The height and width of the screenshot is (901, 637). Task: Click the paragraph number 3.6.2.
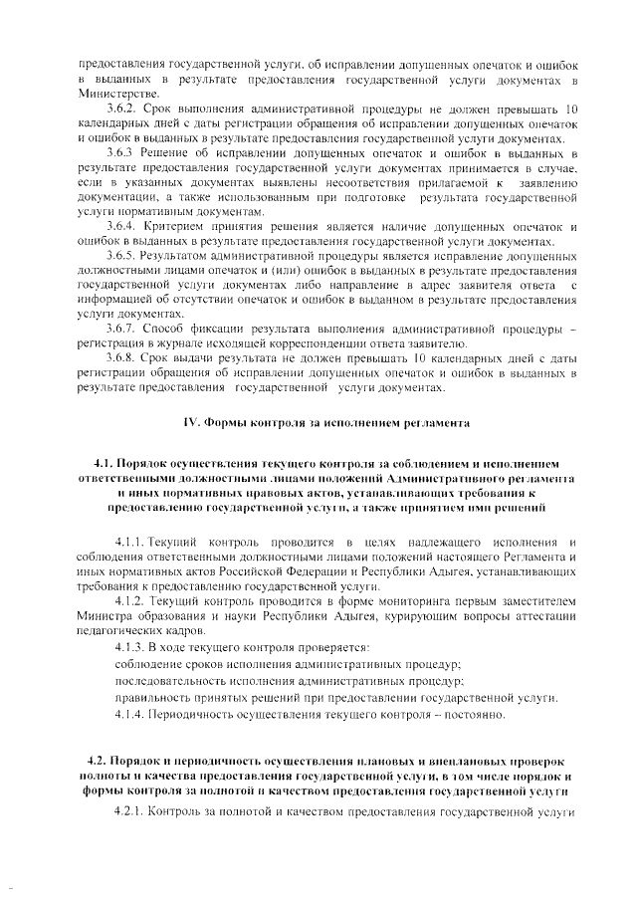pos(121,109)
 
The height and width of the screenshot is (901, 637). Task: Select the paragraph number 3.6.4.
pos(121,227)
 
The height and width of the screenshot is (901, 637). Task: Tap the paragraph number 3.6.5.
pos(121,256)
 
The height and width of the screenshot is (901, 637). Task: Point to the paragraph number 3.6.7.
pos(121,330)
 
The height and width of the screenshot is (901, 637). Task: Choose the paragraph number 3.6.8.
pos(121,358)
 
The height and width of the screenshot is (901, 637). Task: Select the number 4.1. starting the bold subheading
pos(105,464)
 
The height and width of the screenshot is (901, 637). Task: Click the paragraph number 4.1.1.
pos(130,541)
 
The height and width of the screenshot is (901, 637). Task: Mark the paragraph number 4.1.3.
pos(130,647)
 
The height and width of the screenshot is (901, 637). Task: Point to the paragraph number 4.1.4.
pos(130,714)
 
